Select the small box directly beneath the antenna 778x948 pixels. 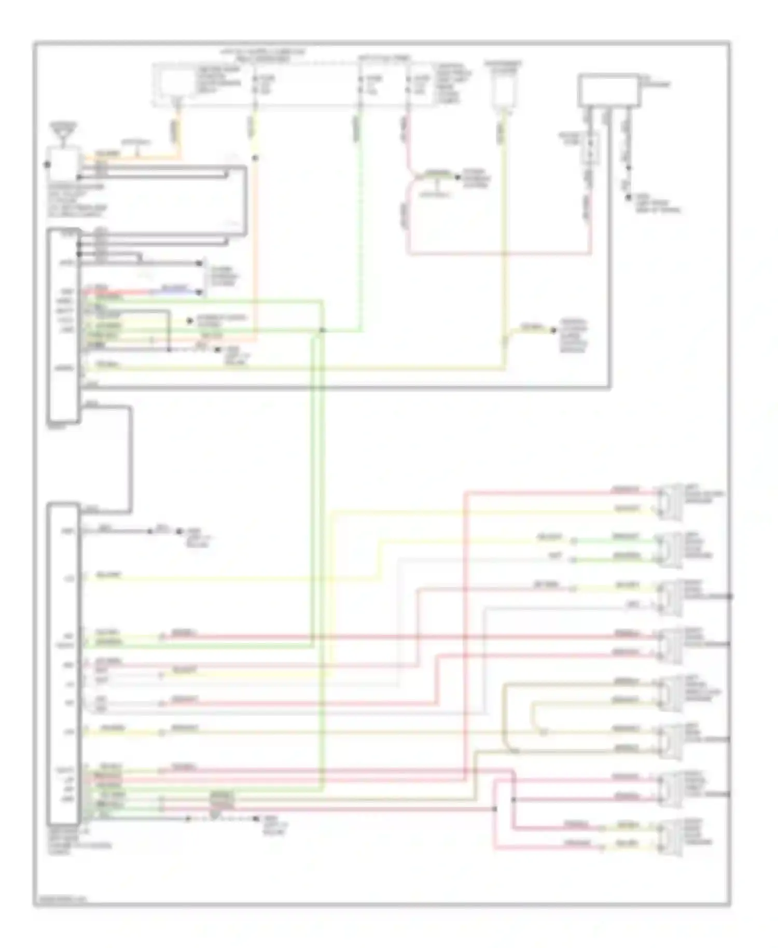pos(64,163)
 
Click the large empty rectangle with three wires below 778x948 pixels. pos(608,91)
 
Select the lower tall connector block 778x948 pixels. pos(63,664)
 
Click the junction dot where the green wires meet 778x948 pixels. pos(322,330)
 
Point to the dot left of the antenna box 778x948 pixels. pos(47,164)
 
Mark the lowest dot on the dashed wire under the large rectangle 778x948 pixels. pos(628,197)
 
